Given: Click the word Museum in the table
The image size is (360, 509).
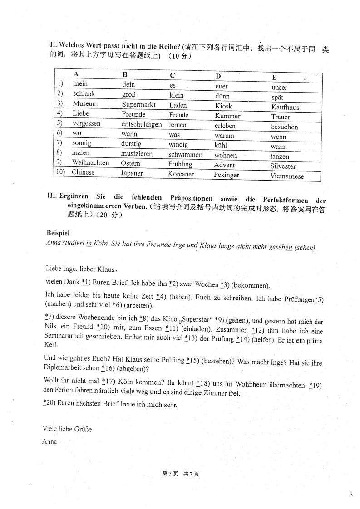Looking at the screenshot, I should pos(85,104).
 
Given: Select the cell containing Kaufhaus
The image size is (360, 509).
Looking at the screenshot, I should pos(285,108).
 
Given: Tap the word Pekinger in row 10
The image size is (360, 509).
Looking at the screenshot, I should pos(226,175).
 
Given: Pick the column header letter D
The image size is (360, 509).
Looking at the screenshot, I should pos(218,76).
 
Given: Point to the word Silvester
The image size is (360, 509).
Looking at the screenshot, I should pos(283,166).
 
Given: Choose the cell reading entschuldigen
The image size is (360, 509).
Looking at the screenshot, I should pos(142,124).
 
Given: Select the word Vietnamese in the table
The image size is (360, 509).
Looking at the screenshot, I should pos(287,176).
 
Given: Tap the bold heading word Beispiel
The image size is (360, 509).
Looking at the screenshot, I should pos(58,233).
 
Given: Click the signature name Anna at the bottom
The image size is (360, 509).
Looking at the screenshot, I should pos(49,441).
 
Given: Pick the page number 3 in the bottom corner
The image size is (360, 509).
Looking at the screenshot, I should pos(351,495).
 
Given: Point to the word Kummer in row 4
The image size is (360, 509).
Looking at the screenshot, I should pos(227,116).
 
